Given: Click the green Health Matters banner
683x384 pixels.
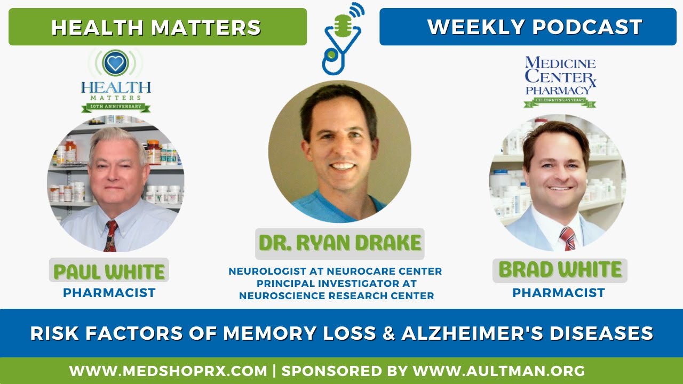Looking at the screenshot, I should (157, 27).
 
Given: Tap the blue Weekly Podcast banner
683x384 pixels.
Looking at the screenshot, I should (527, 27).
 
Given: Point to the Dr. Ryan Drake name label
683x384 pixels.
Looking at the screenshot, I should (340, 243).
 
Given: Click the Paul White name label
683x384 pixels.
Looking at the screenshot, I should (109, 272).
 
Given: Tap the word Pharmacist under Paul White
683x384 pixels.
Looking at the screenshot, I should (109, 293).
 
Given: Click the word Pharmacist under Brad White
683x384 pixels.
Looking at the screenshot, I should (559, 293).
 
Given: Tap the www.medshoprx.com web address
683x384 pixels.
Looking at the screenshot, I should (168, 371).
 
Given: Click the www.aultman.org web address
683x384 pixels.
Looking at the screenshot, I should (499, 371).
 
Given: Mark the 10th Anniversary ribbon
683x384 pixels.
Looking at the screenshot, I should (116, 107).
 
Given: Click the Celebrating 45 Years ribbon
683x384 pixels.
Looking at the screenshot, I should (560, 101).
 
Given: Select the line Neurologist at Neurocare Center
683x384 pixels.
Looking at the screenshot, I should (335, 271).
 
